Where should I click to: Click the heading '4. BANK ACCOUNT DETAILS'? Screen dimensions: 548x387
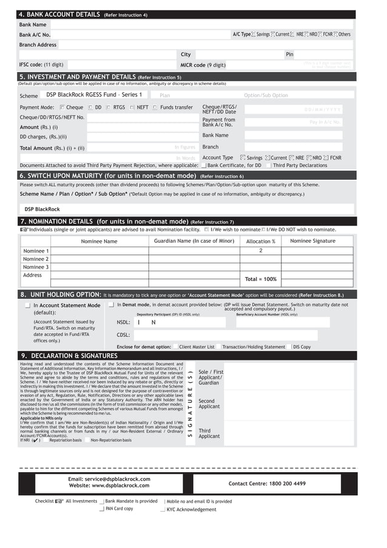59,15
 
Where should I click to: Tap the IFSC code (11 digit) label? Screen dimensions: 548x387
41,64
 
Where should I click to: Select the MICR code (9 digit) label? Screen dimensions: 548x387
203,64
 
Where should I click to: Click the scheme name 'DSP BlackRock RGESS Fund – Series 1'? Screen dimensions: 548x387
94,95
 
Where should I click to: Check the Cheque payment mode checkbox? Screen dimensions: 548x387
62,107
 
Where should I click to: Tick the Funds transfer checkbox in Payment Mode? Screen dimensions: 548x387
155,107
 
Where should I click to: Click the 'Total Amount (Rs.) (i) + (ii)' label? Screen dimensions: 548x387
52,147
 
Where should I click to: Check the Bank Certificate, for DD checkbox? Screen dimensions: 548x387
204,165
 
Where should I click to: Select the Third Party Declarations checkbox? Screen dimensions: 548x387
268,165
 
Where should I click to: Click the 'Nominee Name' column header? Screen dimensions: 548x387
99,242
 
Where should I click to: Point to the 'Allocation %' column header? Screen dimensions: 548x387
260,242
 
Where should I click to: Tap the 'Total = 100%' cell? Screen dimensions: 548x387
260,279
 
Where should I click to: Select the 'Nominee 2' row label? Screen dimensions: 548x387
36,259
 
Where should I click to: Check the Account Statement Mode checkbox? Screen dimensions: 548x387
28,306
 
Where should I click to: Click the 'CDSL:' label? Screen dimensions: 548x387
123,334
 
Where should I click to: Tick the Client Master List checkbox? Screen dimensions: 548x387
175,347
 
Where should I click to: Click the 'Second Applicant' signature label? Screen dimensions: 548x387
207,404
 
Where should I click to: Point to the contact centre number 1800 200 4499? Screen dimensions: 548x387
267,484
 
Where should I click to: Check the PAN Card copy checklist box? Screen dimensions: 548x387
101,509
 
